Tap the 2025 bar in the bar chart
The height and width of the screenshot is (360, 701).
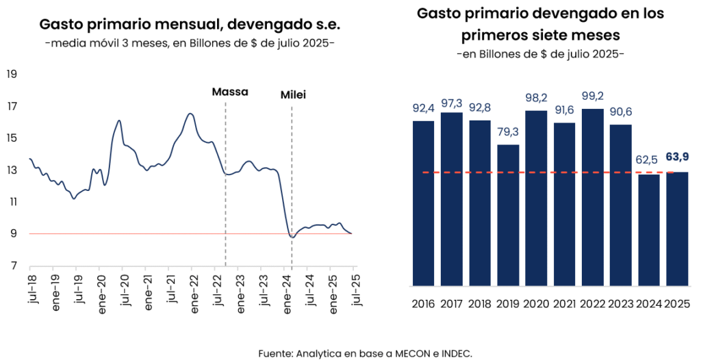(x=676, y=229)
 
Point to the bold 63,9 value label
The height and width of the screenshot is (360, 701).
(x=676, y=157)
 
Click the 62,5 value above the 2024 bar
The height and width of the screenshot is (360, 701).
(x=648, y=161)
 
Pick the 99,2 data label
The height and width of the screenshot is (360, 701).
(x=592, y=96)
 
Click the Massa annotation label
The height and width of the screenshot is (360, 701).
(x=230, y=92)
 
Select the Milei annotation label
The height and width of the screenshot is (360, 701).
(x=293, y=95)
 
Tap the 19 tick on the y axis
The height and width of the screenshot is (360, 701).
(x=12, y=75)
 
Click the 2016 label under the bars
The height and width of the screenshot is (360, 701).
(x=424, y=304)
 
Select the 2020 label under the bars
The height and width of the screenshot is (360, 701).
(x=536, y=304)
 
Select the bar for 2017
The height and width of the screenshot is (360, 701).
(x=452, y=198)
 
